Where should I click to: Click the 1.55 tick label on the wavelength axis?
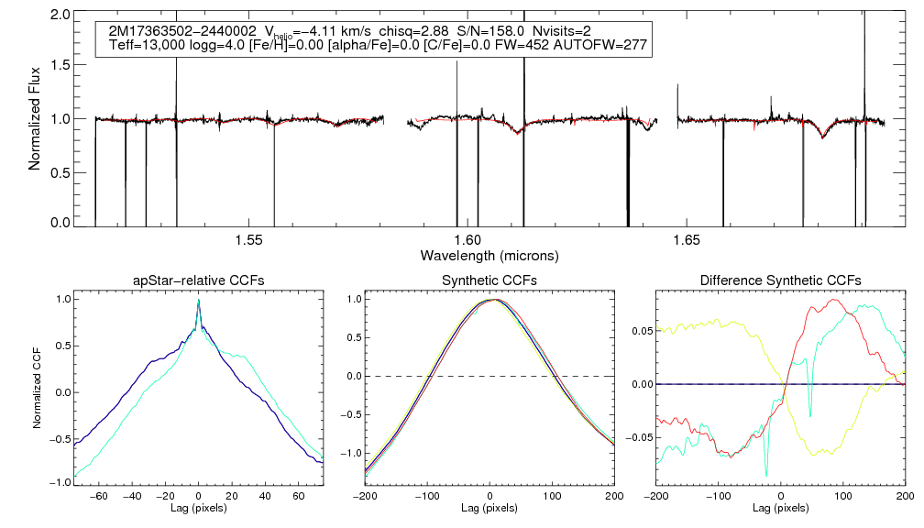(248, 240)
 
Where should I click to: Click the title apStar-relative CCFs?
(198, 280)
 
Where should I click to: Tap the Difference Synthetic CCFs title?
(780, 280)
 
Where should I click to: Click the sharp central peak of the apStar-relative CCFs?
(198, 301)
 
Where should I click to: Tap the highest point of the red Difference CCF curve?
(833, 300)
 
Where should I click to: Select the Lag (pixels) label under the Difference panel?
(780, 508)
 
